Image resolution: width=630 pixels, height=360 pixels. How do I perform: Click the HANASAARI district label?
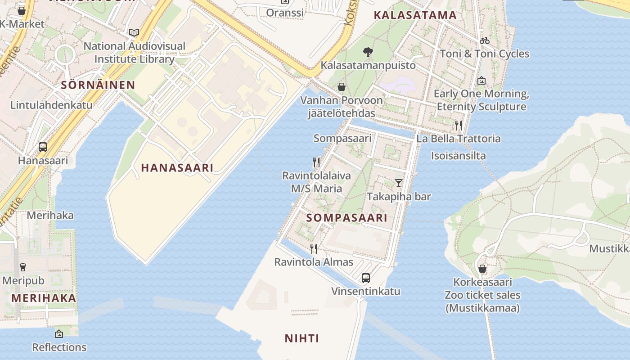177,168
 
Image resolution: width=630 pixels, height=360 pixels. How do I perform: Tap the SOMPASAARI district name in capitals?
346,218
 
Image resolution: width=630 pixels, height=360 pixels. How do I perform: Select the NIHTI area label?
302,338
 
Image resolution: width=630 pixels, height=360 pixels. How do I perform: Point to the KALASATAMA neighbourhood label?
415,15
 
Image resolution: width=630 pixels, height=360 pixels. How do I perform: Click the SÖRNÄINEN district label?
98,85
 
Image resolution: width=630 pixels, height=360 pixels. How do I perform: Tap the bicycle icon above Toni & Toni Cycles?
484,40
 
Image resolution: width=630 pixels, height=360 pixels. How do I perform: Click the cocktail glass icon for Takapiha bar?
399,183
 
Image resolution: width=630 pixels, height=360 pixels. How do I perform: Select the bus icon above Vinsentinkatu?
366,278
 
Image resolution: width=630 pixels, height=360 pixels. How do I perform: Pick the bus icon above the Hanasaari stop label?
43,147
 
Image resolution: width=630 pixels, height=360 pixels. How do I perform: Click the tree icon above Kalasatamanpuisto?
368,52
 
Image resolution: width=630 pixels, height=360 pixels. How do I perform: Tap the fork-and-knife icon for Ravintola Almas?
314,248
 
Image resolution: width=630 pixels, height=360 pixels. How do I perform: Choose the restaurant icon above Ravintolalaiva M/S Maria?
316,162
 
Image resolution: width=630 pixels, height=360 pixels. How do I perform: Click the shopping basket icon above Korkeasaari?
482,269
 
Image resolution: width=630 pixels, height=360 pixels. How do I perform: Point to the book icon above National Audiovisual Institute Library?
134,32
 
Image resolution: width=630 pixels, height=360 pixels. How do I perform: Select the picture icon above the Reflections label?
59,334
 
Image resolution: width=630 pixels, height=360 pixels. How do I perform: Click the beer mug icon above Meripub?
23,267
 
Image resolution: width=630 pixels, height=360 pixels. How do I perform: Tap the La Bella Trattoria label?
458,139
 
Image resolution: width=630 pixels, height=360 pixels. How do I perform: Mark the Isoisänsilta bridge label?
458,156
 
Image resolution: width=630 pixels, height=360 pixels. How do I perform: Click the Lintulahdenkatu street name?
51,105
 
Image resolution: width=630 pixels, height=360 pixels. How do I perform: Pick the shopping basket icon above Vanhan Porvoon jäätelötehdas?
342,87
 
